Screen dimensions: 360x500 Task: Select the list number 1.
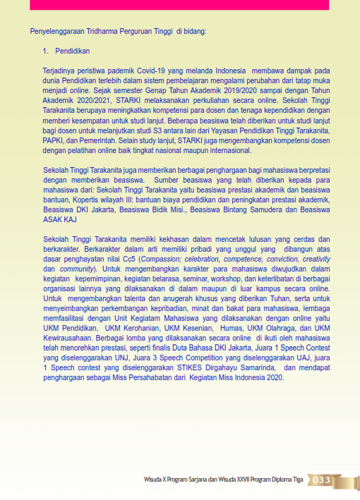point(44,51)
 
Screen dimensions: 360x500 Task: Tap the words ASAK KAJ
point(61,220)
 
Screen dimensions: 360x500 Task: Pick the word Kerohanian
point(143,329)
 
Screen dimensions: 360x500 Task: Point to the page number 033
point(322,480)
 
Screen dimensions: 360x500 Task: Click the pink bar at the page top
point(176,4)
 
